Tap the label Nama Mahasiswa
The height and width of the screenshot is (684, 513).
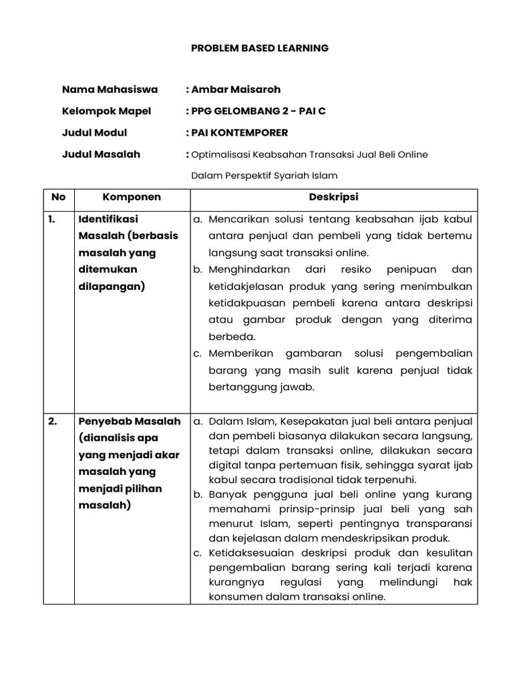(x=110, y=89)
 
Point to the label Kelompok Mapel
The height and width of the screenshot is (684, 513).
(x=106, y=111)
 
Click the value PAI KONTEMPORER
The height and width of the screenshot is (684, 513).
(x=240, y=132)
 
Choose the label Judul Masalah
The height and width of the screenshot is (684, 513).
(x=101, y=154)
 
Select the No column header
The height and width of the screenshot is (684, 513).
(x=59, y=197)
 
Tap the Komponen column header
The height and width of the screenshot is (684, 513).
(x=132, y=197)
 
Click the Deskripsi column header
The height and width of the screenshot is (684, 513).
(x=333, y=197)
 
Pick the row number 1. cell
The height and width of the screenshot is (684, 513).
(x=52, y=218)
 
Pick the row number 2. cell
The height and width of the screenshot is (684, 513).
(x=52, y=421)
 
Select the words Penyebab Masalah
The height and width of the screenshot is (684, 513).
(x=130, y=421)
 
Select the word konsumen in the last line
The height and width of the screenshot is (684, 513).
(x=233, y=597)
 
